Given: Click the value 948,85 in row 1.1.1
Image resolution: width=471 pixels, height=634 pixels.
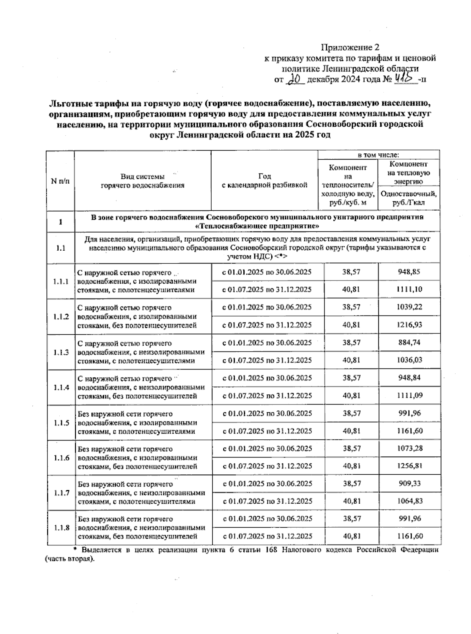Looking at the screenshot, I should [x=409, y=272].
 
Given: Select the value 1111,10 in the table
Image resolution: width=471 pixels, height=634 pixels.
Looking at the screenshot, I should [x=409, y=290].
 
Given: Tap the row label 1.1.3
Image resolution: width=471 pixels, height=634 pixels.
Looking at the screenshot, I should [x=60, y=352].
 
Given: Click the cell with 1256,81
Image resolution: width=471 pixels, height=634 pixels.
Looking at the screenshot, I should [x=409, y=466].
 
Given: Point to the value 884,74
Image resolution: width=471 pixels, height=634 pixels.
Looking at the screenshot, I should [x=409, y=343].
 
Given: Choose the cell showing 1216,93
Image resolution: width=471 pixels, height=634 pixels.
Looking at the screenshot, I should [x=409, y=325].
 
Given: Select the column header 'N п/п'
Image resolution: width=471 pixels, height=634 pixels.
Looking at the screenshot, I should [x=60, y=181].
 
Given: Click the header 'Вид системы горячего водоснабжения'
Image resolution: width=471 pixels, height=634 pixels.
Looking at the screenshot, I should [x=142, y=181].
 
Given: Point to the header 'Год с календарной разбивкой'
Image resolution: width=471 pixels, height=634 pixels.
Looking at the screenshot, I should [x=265, y=181].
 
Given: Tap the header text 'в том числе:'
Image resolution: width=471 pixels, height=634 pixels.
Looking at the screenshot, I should [x=378, y=155].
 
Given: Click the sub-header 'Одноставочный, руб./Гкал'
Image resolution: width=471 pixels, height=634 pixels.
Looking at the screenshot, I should [x=409, y=199].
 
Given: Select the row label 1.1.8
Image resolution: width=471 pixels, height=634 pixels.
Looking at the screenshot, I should [x=60, y=528].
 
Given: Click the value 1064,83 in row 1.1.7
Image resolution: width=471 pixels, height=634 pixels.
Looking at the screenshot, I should [x=409, y=501].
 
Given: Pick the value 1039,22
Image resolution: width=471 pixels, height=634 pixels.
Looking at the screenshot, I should [x=409, y=307].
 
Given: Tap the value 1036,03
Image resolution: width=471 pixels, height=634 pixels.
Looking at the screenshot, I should [x=409, y=360].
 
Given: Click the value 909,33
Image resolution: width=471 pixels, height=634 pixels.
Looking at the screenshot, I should [x=409, y=483].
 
